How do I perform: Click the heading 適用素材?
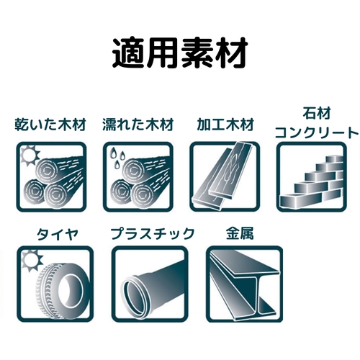pyautogui.click(x=180, y=53)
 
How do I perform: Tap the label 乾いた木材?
pyautogui.click(x=50, y=125)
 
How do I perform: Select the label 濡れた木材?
pyautogui.click(x=138, y=125)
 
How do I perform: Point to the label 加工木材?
pyautogui.click(x=225, y=125)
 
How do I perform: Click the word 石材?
pyautogui.click(x=317, y=113)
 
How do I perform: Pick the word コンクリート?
pyautogui.click(x=317, y=132)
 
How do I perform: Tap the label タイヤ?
pyautogui.click(x=58, y=234)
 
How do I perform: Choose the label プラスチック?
pyautogui.click(x=153, y=234)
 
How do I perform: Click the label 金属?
pyautogui.click(x=240, y=233)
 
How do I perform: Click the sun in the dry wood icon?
pyautogui.click(x=30, y=156)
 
